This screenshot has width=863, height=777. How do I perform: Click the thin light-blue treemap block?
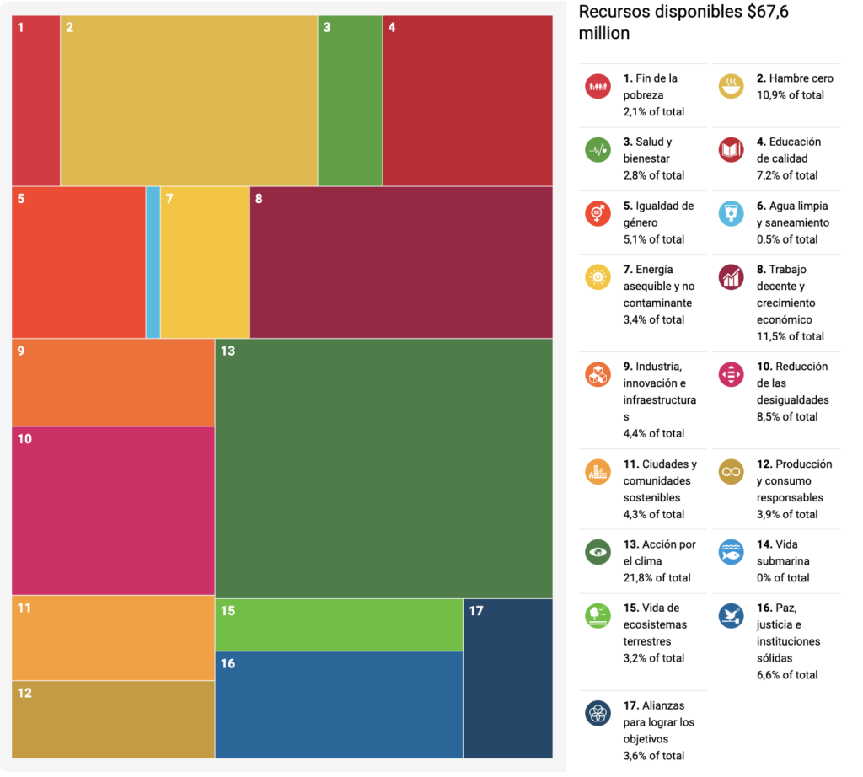[153, 262]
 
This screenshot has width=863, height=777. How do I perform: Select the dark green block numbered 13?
[383, 468]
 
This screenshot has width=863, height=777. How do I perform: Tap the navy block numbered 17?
[507, 678]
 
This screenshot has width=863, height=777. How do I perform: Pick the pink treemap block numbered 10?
[113, 511]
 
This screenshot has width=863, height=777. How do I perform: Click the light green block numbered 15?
[339, 624]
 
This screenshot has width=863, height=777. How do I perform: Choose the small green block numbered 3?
[350, 100]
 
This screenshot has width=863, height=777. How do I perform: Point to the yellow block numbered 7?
[205, 262]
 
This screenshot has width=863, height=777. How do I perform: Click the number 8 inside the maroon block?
[259, 199]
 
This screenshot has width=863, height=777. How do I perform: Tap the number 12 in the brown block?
[24, 693]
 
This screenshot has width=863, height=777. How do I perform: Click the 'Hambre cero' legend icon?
[731, 86]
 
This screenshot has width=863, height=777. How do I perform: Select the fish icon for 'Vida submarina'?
[731, 552]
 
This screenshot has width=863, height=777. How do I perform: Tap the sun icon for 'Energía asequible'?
[598, 277]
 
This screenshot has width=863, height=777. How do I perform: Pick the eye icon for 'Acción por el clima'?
[598, 552]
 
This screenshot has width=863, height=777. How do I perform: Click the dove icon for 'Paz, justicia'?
[731, 616]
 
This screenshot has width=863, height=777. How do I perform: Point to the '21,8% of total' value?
[657, 578]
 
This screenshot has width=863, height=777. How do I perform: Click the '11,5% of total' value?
[790, 336]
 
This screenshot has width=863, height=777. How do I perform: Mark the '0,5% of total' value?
[786, 239]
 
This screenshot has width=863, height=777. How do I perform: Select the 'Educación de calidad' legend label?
[788, 150]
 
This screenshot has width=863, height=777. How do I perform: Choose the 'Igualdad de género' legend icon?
[598, 213]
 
